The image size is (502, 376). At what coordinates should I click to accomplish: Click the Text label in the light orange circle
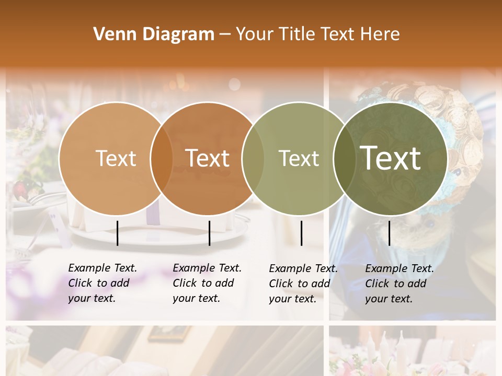[116, 158]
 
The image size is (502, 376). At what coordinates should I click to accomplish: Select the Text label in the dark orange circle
[208, 158]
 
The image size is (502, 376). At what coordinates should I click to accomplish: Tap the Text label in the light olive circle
[299, 158]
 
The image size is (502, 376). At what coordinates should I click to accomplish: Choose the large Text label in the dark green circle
[391, 158]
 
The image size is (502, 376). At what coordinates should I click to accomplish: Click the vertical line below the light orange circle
[117, 233]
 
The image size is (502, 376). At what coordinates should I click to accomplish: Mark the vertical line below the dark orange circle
[209, 233]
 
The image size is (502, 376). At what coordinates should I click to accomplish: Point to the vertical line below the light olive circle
[301, 233]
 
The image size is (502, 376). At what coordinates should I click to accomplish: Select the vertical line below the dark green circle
[389, 233]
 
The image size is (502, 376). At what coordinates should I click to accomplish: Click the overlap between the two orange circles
[162, 159]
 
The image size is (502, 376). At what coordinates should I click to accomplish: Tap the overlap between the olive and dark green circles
[344, 159]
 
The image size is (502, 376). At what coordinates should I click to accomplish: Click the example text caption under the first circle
[102, 283]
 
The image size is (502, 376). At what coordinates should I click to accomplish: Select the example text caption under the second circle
[207, 283]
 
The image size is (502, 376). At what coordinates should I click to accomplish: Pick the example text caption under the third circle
[303, 284]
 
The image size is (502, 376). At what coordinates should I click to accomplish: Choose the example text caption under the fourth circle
[399, 284]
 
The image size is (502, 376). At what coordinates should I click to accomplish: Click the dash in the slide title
[225, 34]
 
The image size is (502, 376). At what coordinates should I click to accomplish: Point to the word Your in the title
[254, 34]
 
